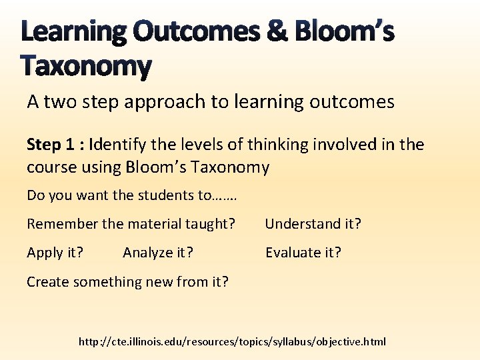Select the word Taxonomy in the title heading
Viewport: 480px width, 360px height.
[86, 66]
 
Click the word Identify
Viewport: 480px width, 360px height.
[117, 145]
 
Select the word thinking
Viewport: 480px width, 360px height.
[277, 145]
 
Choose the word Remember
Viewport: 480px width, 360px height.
[62, 224]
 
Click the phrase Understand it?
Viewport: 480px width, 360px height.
[313, 224]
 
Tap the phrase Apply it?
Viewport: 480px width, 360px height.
[55, 253]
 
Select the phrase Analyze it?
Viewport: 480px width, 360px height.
[158, 253]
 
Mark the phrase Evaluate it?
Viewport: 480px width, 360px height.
[303, 253]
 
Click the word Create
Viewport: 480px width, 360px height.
[48, 281]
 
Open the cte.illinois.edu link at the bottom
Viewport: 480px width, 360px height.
[232, 342]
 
